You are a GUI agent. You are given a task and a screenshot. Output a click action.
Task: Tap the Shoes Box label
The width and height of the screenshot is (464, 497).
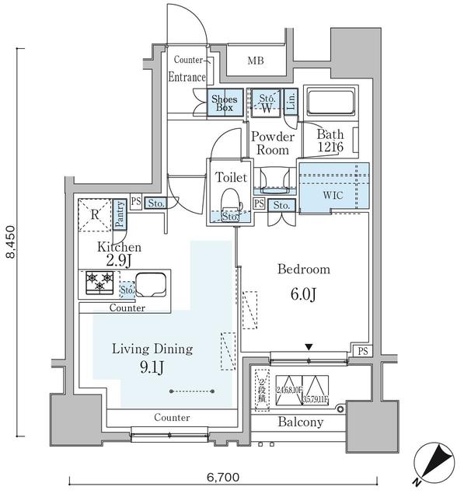[x=225, y=103]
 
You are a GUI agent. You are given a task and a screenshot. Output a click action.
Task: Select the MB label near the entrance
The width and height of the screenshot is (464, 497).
[x=256, y=61]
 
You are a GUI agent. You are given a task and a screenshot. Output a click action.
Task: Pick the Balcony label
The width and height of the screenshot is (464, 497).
[x=299, y=422]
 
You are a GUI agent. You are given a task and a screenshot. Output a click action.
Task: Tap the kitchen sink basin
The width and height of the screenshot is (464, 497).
[x=152, y=284]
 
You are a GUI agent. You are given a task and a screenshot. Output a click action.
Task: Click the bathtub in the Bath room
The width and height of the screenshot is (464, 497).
[x=330, y=103]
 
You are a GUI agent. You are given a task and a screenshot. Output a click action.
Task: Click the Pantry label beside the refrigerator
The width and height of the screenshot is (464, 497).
[x=120, y=214]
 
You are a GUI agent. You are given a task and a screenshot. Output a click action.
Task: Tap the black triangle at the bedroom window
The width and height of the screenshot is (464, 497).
[x=309, y=347]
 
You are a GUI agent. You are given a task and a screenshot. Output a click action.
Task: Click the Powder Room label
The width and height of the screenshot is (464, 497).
[x=272, y=144]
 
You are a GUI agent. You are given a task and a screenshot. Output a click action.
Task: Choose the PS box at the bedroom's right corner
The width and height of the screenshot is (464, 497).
[x=363, y=352]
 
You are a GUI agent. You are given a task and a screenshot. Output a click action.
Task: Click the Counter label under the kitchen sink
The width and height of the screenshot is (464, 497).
[x=127, y=308]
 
